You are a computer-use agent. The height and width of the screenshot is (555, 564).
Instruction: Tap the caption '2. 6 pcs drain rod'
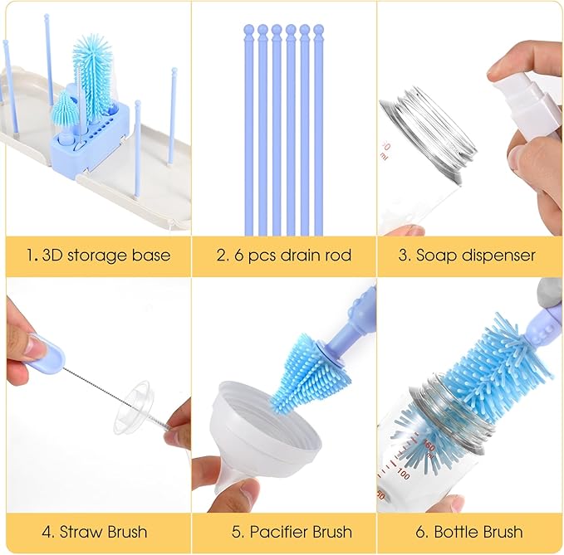[282, 255]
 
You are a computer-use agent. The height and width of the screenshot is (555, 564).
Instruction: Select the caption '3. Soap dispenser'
[466, 255]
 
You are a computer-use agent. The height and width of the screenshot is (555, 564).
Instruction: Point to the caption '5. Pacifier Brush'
[282, 531]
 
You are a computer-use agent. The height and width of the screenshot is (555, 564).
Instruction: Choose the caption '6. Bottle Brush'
[466, 531]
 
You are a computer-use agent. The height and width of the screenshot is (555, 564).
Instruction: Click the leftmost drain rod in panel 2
[248, 133]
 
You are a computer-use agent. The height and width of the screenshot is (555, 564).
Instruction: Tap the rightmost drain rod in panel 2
[318, 133]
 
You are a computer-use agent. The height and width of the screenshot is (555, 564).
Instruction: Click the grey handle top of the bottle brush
[547, 290]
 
